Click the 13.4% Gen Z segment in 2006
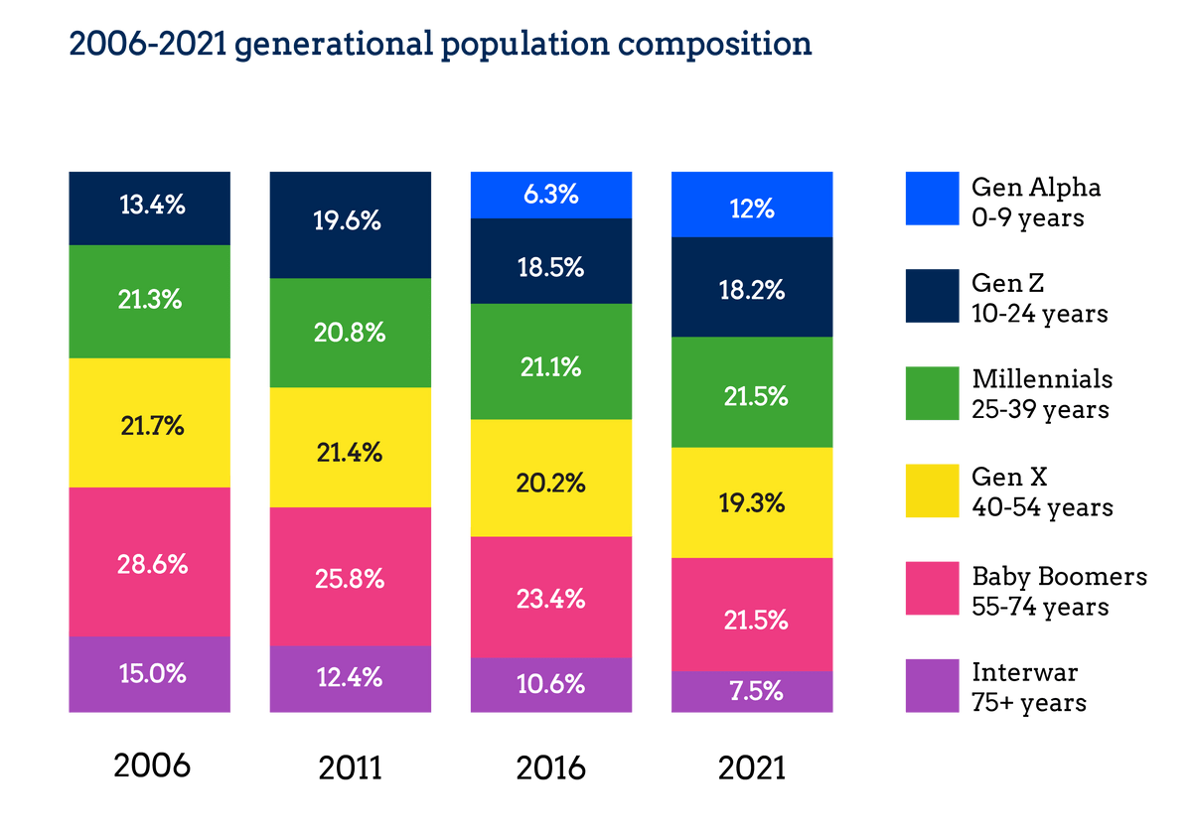(149, 207)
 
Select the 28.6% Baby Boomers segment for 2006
(149, 562)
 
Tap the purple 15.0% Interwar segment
(149, 674)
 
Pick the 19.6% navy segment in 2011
(351, 223)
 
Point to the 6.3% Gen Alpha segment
(551, 194)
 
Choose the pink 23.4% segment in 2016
(551, 597)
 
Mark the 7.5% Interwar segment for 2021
(752, 691)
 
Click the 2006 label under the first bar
(151, 767)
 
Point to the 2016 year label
(551, 767)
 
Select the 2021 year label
(752, 767)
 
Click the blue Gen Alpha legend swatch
(931, 198)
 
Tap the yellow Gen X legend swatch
(931, 490)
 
